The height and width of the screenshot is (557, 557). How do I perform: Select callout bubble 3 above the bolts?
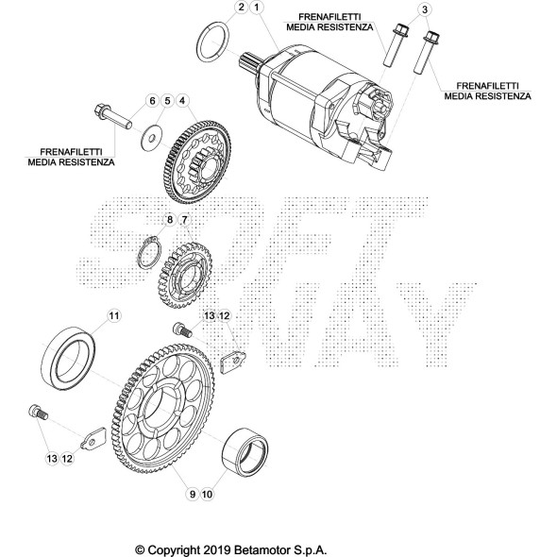point(425,9)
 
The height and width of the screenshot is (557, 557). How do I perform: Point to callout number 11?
point(112,314)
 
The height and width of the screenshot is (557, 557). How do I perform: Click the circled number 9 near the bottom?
point(191,492)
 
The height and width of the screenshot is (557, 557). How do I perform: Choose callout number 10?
point(209,492)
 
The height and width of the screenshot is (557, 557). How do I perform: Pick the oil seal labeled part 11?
point(72,363)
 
